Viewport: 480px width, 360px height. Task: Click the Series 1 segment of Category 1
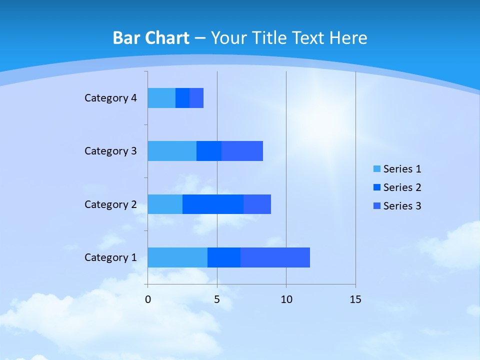tap(177, 257)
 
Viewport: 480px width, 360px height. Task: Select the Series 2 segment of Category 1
tap(224, 257)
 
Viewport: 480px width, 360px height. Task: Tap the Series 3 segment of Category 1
tap(275, 257)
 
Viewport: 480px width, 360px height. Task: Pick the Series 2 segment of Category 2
tap(213, 204)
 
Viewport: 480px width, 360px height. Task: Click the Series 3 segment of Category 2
tap(257, 204)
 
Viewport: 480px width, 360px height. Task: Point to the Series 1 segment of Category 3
tap(172, 151)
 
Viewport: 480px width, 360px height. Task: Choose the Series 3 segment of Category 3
tap(242, 151)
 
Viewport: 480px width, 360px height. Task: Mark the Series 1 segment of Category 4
tap(161, 98)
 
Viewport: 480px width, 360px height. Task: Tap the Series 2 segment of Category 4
tap(182, 98)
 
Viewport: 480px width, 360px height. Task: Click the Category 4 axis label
tap(110, 98)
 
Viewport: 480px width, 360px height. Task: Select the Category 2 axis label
tap(110, 204)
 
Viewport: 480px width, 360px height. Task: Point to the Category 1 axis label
tap(110, 257)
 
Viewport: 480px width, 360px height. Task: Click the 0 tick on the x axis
tap(148, 299)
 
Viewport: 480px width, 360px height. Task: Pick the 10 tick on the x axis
tap(286, 299)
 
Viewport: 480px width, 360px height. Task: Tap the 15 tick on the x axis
tap(355, 299)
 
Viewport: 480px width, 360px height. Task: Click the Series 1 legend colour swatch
tap(377, 169)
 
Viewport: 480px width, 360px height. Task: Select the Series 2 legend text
tap(402, 187)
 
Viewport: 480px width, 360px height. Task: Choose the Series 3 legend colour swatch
tap(377, 206)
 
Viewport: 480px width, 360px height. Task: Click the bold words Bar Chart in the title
tap(151, 38)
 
